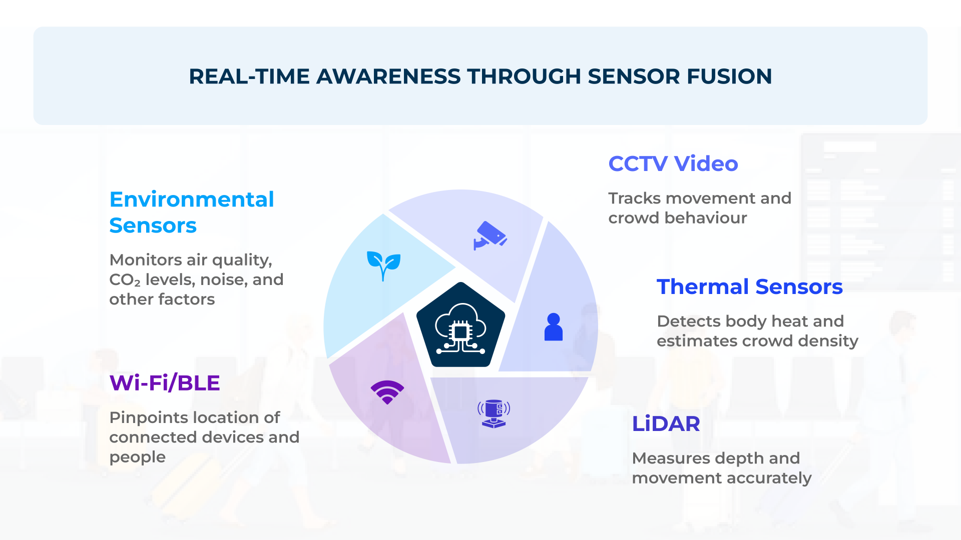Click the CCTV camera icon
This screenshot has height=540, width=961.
pyautogui.click(x=491, y=235)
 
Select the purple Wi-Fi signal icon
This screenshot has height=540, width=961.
pyautogui.click(x=387, y=392)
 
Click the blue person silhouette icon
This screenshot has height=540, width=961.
pyautogui.click(x=553, y=327)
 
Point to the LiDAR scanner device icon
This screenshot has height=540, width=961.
pyautogui.click(x=494, y=414)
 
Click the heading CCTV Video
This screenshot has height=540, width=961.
pyautogui.click(x=673, y=164)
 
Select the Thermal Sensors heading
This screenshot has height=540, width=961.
pyautogui.click(x=749, y=287)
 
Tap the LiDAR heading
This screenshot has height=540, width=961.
pyautogui.click(x=666, y=424)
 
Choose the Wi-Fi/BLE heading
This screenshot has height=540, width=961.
pyautogui.click(x=165, y=383)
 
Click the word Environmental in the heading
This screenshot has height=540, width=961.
pyautogui.click(x=192, y=199)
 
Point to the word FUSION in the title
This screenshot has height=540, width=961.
pyautogui.click(x=729, y=76)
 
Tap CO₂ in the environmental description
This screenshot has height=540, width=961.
pyautogui.click(x=125, y=280)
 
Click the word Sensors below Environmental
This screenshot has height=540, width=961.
pyautogui.click(x=153, y=225)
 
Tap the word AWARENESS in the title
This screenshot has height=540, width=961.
pyautogui.click(x=388, y=76)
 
